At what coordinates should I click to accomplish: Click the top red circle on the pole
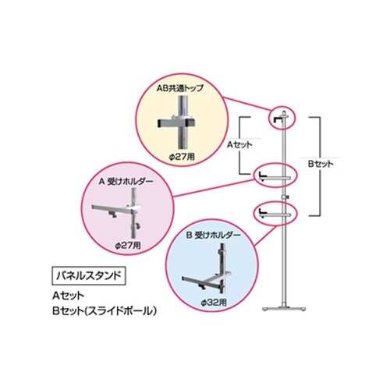[x=282, y=119]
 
